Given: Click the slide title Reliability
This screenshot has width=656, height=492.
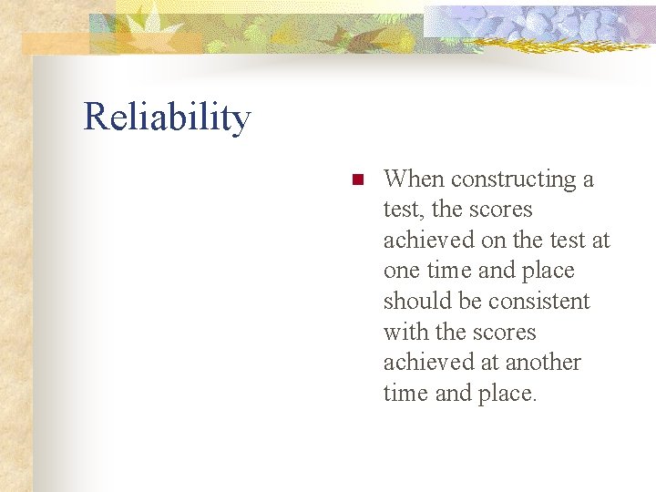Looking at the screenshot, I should coord(167,118).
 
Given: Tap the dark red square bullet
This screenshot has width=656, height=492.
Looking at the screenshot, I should coord(358,179).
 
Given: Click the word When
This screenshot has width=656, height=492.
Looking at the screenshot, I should coord(414,179).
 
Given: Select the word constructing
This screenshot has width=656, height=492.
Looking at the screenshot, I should coord(514,180).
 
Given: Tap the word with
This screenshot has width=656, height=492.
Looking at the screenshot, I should coord(402,333).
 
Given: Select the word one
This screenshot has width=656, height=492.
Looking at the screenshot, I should coord(402,272).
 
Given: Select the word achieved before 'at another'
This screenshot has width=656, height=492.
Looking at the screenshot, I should coord(425,363).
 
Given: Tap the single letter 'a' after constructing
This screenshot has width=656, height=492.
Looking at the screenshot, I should coord(588,180).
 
